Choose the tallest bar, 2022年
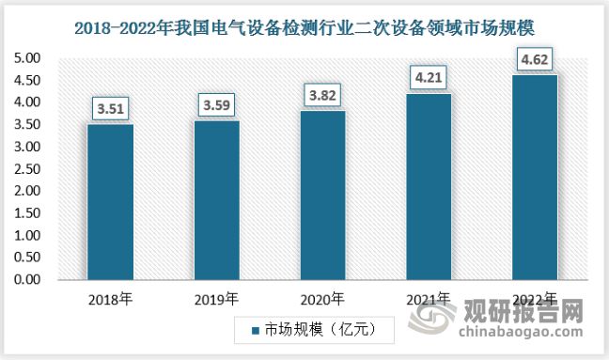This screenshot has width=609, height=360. pyautogui.click(x=535, y=177)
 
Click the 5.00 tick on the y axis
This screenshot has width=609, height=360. pyautogui.click(x=29, y=58)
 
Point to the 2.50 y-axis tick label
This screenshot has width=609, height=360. pyautogui.click(x=29, y=169)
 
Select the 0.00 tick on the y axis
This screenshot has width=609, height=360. pyautogui.click(x=29, y=280)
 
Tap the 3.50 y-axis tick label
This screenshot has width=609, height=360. pyautogui.click(x=29, y=125)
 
